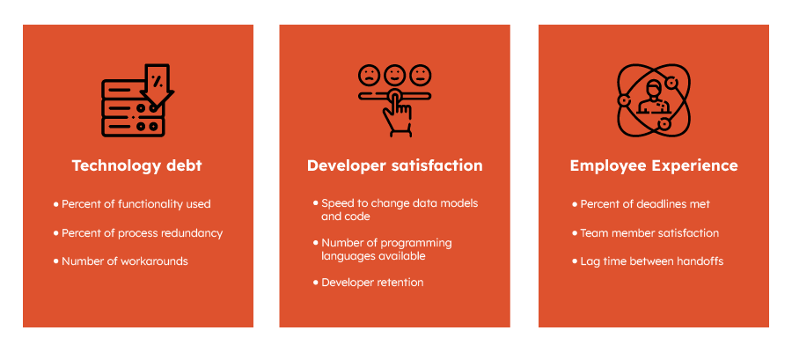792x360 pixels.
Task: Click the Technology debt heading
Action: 137,166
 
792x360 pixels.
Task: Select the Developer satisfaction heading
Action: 394,165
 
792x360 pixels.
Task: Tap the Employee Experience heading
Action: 654,166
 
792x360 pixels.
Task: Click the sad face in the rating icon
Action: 369,75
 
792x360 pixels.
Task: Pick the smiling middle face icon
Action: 394,75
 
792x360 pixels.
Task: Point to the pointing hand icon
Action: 396,113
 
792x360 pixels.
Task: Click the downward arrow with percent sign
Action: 158,84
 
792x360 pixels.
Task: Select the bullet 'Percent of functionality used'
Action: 132,204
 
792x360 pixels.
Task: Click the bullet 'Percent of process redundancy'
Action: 138,233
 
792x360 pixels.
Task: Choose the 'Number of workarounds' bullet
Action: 121,261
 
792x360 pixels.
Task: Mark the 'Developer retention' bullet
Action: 368,283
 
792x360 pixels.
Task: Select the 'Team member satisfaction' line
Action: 646,233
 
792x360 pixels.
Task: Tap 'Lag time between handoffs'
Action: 648,261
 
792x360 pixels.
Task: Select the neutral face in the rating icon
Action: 421,75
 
